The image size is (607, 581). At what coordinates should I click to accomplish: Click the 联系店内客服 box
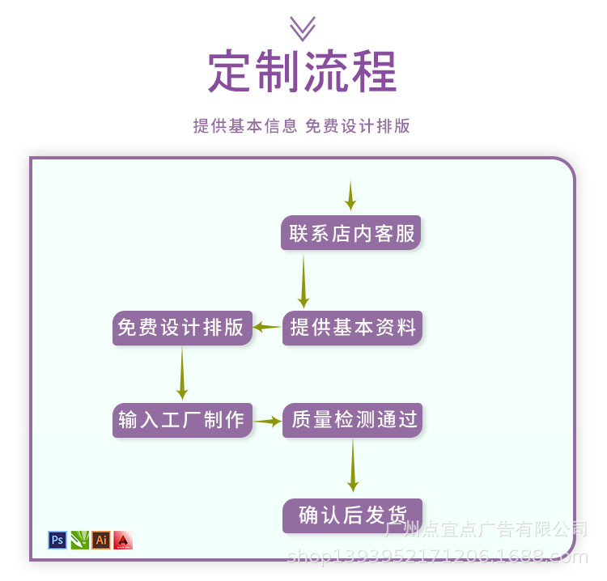[352, 233]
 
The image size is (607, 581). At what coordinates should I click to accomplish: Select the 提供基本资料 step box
[352, 328]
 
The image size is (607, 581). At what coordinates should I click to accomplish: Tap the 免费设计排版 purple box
[182, 328]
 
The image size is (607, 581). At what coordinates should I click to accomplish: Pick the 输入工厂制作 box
[182, 420]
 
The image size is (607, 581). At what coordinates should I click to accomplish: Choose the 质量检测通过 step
[352, 420]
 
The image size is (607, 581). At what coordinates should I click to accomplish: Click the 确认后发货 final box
[352, 515]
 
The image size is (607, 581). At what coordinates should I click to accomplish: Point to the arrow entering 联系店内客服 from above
[350, 196]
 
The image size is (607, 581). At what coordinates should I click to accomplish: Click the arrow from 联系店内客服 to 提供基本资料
[303, 282]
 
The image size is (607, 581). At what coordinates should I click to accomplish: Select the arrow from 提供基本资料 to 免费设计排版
[267, 328]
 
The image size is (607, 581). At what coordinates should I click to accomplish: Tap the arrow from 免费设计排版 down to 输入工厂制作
[182, 374]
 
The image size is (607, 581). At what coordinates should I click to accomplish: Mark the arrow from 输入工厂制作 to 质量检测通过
[267, 421]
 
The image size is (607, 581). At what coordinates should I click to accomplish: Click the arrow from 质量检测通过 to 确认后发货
[353, 467]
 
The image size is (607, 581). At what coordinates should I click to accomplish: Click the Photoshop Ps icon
[57, 540]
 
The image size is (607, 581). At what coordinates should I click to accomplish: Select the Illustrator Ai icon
[101, 540]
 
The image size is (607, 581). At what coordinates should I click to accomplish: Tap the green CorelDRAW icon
[79, 540]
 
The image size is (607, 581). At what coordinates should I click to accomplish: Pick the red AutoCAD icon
[123, 540]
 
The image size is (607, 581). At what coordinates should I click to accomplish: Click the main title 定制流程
[303, 72]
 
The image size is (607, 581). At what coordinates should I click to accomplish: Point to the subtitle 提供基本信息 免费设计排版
[302, 126]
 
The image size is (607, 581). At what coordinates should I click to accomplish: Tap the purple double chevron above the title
[303, 28]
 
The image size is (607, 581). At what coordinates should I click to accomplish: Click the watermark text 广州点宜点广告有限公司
[486, 530]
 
